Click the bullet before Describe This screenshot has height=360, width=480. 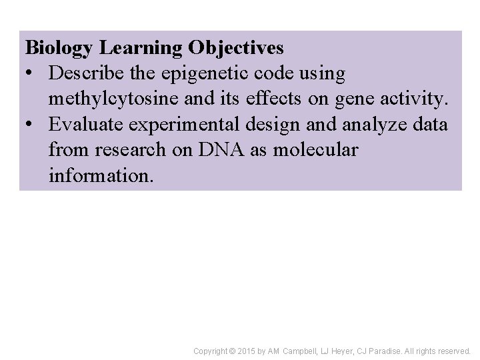coord(30,75)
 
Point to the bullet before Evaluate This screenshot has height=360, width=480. coord(30,125)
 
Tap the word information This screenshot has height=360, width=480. coord(100,175)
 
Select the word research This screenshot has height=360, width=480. coord(127,150)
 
